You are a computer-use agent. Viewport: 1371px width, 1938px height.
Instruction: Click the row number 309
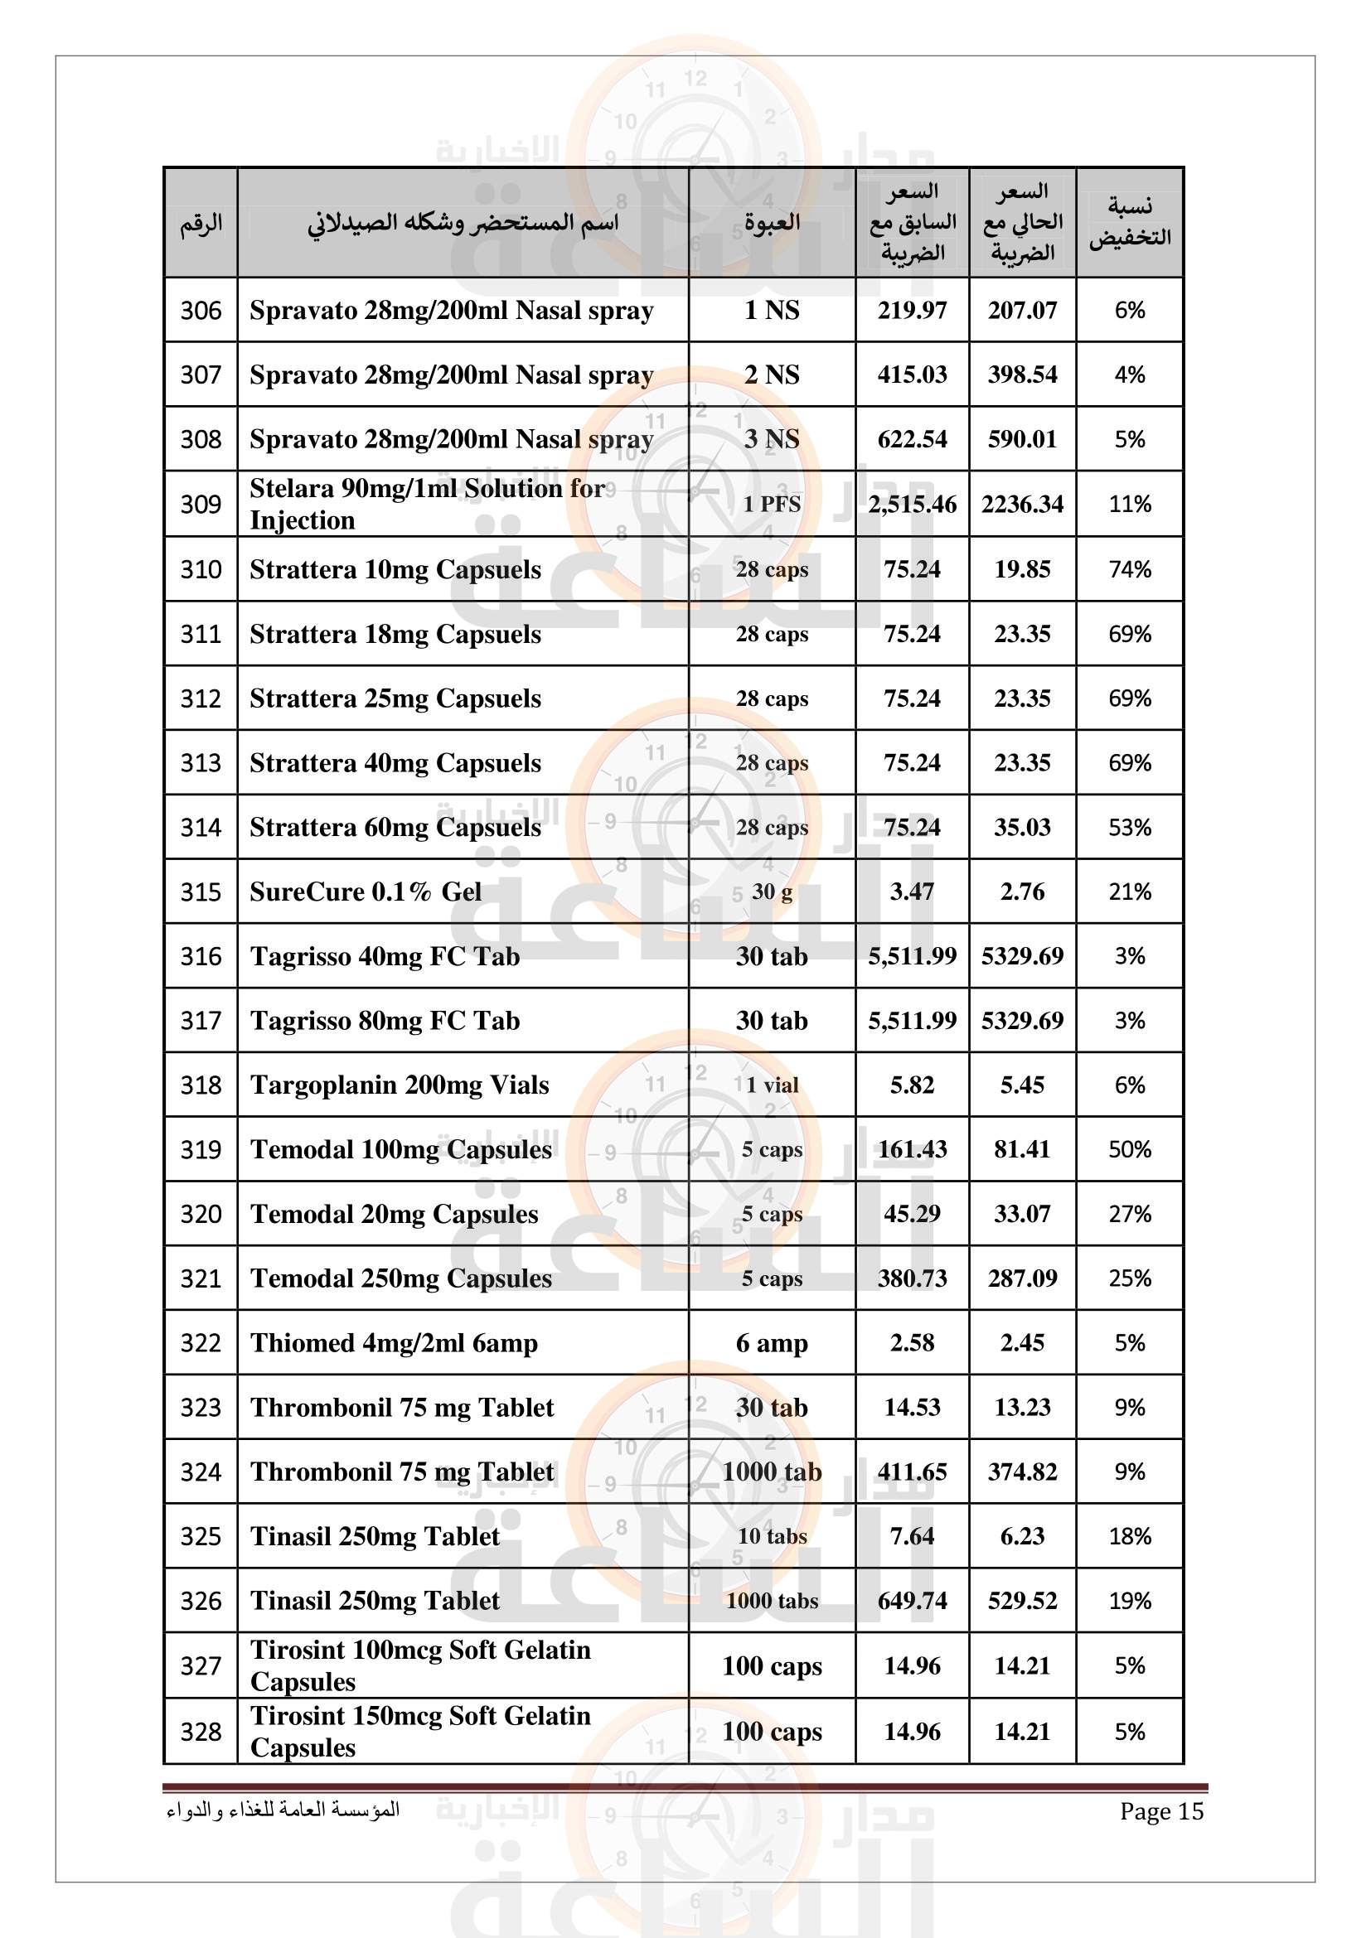201,504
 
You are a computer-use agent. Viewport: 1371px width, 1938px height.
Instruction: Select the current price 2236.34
1022,504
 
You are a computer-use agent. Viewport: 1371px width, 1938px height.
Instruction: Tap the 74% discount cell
1130,569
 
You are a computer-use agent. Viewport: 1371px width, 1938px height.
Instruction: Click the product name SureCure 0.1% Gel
366,892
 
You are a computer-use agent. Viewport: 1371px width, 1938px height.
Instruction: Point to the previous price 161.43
912,1148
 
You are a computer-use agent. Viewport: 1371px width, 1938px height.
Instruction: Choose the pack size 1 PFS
772,504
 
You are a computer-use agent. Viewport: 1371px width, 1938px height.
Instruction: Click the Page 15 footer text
1161,1810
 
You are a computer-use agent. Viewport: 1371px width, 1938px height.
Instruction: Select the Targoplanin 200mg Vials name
400,1085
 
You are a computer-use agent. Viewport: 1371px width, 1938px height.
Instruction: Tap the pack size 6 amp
772,1343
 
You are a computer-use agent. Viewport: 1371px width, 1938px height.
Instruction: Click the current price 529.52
1022,1601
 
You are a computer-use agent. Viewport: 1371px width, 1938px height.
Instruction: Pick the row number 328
201,1731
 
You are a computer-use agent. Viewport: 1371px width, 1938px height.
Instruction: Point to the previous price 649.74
912,1601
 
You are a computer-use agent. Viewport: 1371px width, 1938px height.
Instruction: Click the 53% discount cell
1130,827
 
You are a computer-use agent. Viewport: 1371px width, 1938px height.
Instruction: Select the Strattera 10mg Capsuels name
395,569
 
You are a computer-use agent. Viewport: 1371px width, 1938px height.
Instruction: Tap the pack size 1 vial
772,1085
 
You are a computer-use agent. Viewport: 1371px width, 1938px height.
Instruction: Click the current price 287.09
1022,1278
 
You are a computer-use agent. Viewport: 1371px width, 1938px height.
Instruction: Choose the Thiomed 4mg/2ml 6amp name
394,1343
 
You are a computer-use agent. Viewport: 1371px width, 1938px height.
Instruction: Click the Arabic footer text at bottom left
283,1810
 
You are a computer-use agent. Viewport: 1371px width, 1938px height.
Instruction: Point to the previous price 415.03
912,374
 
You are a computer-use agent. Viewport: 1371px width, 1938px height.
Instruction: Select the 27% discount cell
1130,1214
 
